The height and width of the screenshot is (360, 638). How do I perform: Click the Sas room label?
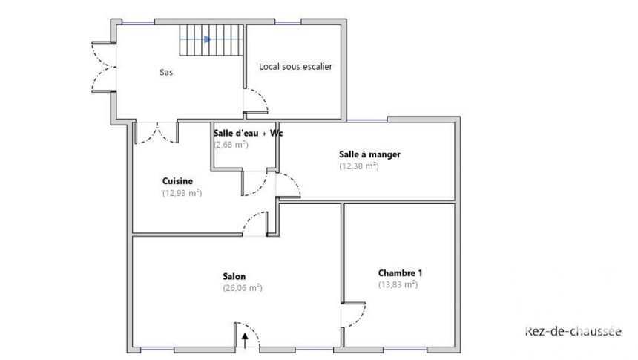(x=166, y=73)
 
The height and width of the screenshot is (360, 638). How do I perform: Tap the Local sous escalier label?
(x=296, y=66)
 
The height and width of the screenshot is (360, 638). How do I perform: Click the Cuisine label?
(x=177, y=181)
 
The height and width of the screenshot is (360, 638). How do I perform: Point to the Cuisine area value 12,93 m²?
(x=182, y=193)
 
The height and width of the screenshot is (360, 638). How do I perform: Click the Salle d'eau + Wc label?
(x=249, y=133)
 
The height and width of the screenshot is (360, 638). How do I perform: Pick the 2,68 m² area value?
(x=231, y=144)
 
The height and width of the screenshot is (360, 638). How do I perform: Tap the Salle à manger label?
(x=370, y=154)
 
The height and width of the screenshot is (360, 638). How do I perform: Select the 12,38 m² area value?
(x=359, y=166)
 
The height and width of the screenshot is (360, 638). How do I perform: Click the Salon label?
(x=234, y=276)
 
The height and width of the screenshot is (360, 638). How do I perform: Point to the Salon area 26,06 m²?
(x=243, y=288)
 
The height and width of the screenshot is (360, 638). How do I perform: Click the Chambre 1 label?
(x=400, y=273)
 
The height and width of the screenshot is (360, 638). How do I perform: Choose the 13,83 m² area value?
(x=398, y=284)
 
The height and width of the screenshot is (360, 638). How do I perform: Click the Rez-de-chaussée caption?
(x=573, y=331)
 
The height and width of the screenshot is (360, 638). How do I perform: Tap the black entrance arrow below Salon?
(x=246, y=341)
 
